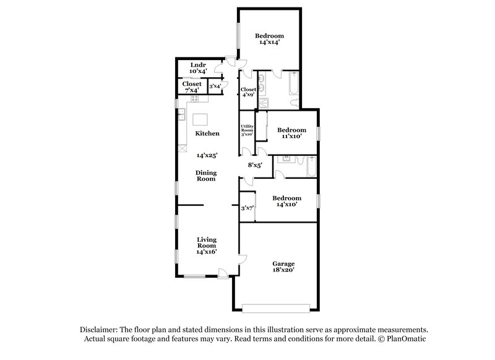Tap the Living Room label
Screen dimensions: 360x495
coord(207,245)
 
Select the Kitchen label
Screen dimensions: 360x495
coord(207,134)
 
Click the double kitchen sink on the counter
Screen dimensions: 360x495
coord(183,115)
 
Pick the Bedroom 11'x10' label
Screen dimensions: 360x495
coord(291,133)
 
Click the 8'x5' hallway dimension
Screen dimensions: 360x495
coord(256,165)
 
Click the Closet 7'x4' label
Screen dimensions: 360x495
coord(191,87)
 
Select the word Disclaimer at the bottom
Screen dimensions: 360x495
coord(100,330)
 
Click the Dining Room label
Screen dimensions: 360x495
coord(207,176)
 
